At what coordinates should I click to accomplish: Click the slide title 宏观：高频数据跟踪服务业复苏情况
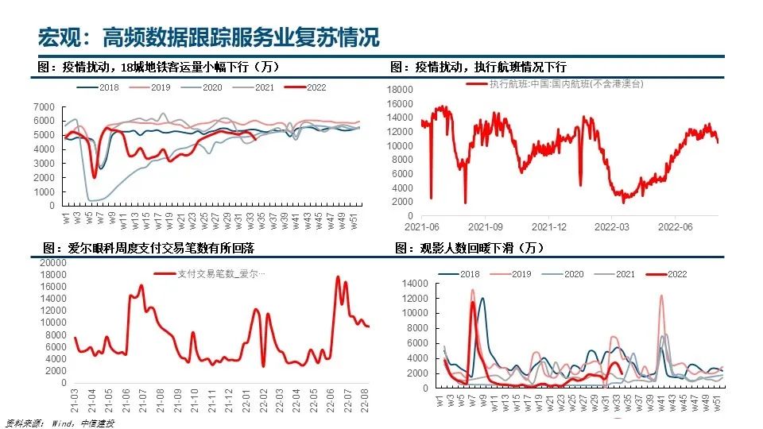pyautogui.click(x=208, y=37)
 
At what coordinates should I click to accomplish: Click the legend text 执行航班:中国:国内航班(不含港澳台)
pyautogui.click(x=566, y=83)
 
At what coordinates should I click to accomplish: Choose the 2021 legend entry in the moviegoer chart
pyautogui.click(x=622, y=274)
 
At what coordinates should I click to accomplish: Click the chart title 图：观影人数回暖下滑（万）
pyautogui.click(x=469, y=249)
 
